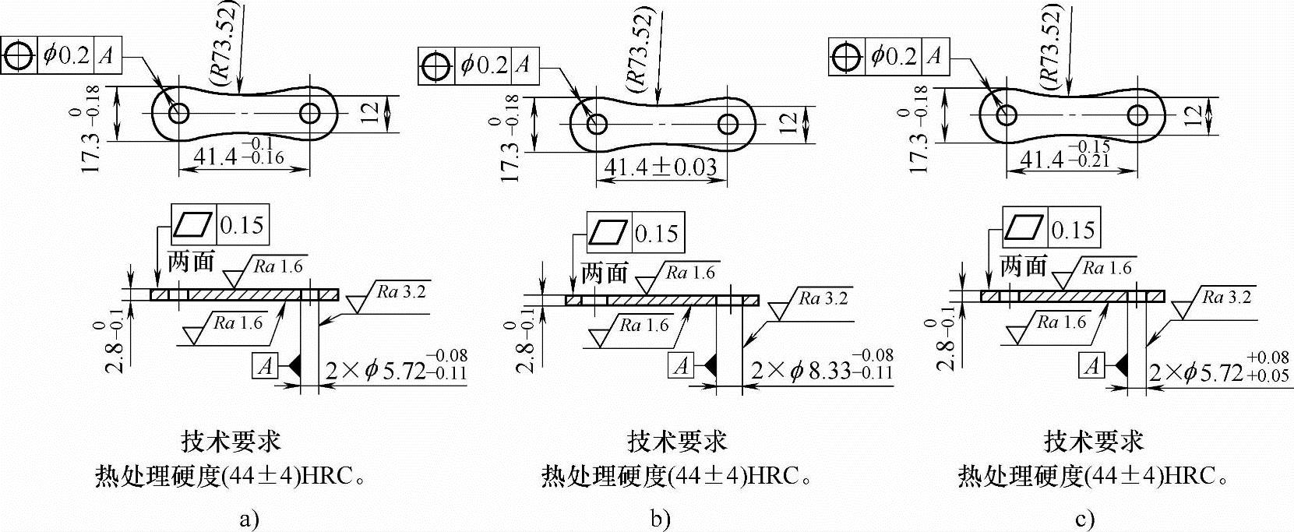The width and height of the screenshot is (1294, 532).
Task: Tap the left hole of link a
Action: pyautogui.click(x=178, y=113)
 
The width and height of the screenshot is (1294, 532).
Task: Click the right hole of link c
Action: pyautogui.click(x=1137, y=115)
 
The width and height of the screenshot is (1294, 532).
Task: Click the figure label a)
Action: pyautogui.click(x=249, y=519)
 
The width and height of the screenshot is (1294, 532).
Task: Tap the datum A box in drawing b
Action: pyautogui.click(x=682, y=365)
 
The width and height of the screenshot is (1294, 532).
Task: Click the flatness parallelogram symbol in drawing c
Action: pyautogui.click(x=1024, y=229)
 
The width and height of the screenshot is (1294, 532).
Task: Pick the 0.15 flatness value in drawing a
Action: pyautogui.click(x=242, y=225)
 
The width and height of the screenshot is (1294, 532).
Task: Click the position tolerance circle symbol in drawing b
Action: pyautogui.click(x=436, y=65)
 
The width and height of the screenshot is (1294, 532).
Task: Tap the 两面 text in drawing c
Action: pyautogui.click(x=1023, y=266)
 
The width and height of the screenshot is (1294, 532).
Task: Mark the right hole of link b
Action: pyautogui.click(x=729, y=123)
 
